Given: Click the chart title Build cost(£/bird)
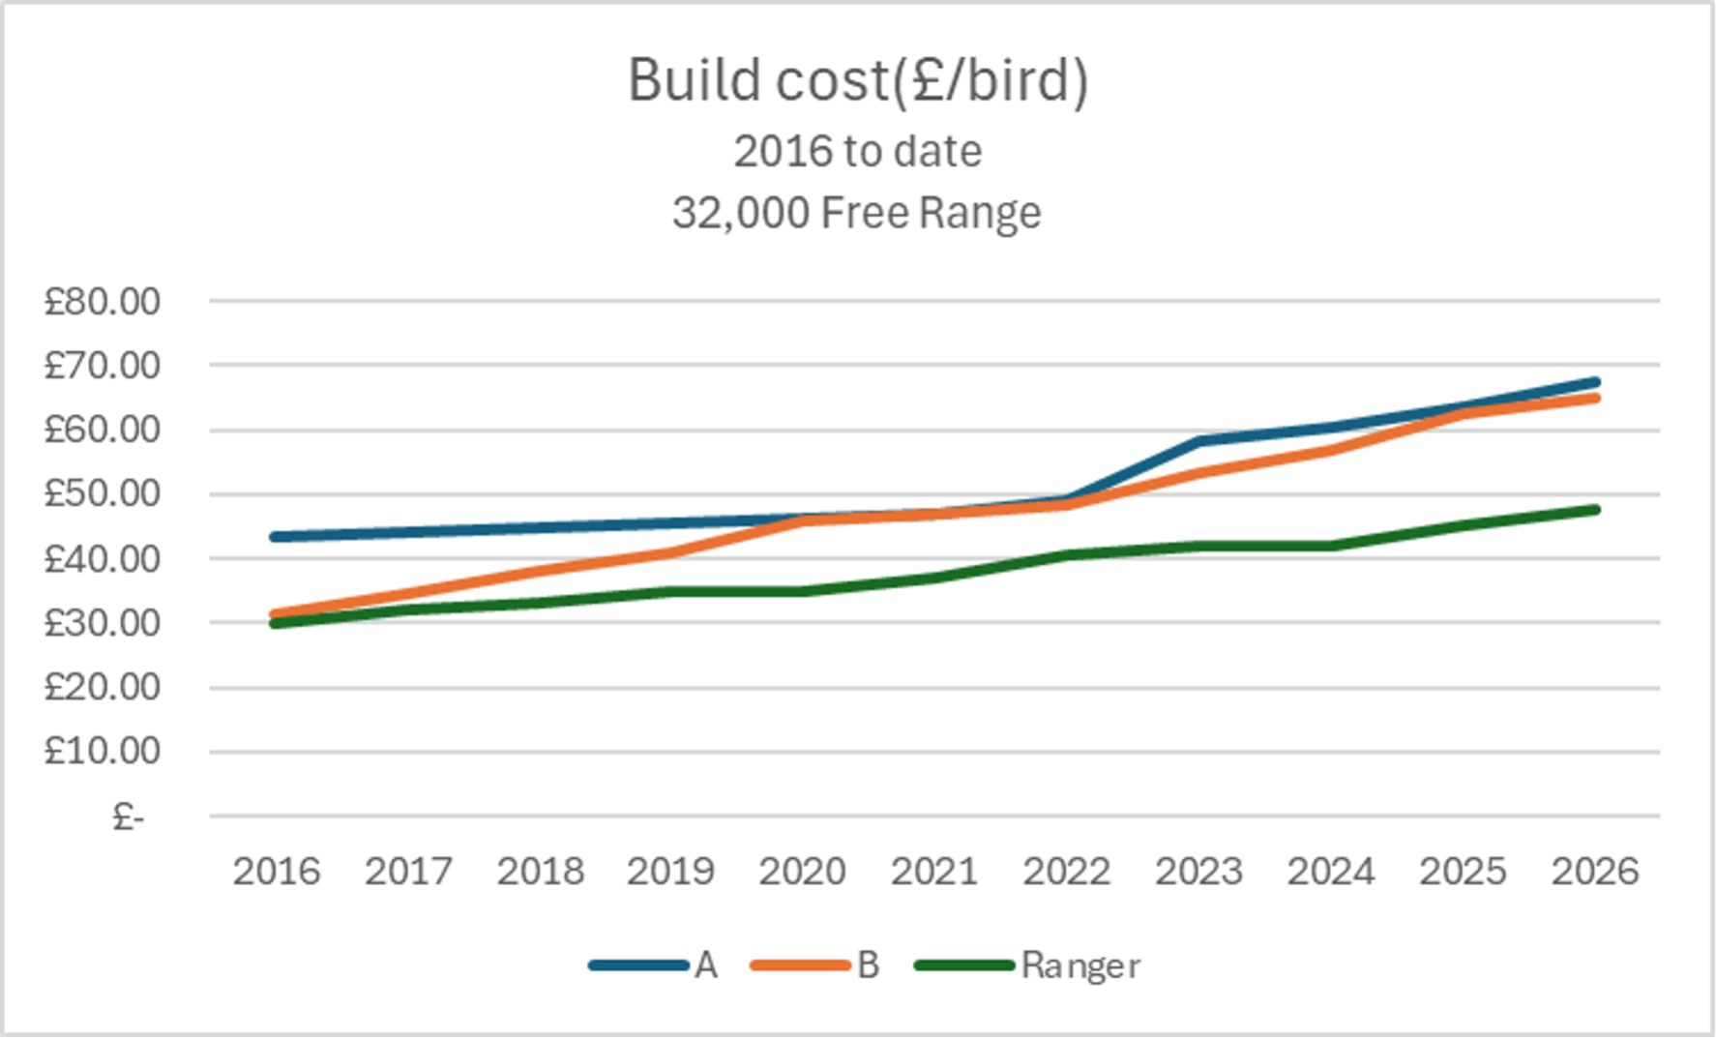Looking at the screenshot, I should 858,79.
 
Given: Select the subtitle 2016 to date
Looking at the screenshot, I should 858,152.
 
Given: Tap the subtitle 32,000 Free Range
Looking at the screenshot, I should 857,213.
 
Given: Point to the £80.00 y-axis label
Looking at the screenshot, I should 102,302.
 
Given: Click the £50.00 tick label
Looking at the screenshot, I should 102,494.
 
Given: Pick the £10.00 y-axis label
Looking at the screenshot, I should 102,751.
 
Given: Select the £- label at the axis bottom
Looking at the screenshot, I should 128,817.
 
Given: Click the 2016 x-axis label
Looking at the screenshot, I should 276,872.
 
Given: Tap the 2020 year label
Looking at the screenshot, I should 802,872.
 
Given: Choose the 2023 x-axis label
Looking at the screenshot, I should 1198,872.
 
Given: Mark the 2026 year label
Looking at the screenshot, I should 1595,872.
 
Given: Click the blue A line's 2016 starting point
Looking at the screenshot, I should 276,536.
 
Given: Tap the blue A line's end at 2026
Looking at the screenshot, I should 1594,382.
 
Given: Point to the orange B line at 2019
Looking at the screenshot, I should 671,552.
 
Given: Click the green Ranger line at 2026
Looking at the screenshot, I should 1594,510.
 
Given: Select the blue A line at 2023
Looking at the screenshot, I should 1199,441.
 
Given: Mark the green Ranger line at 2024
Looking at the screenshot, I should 1331,546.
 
